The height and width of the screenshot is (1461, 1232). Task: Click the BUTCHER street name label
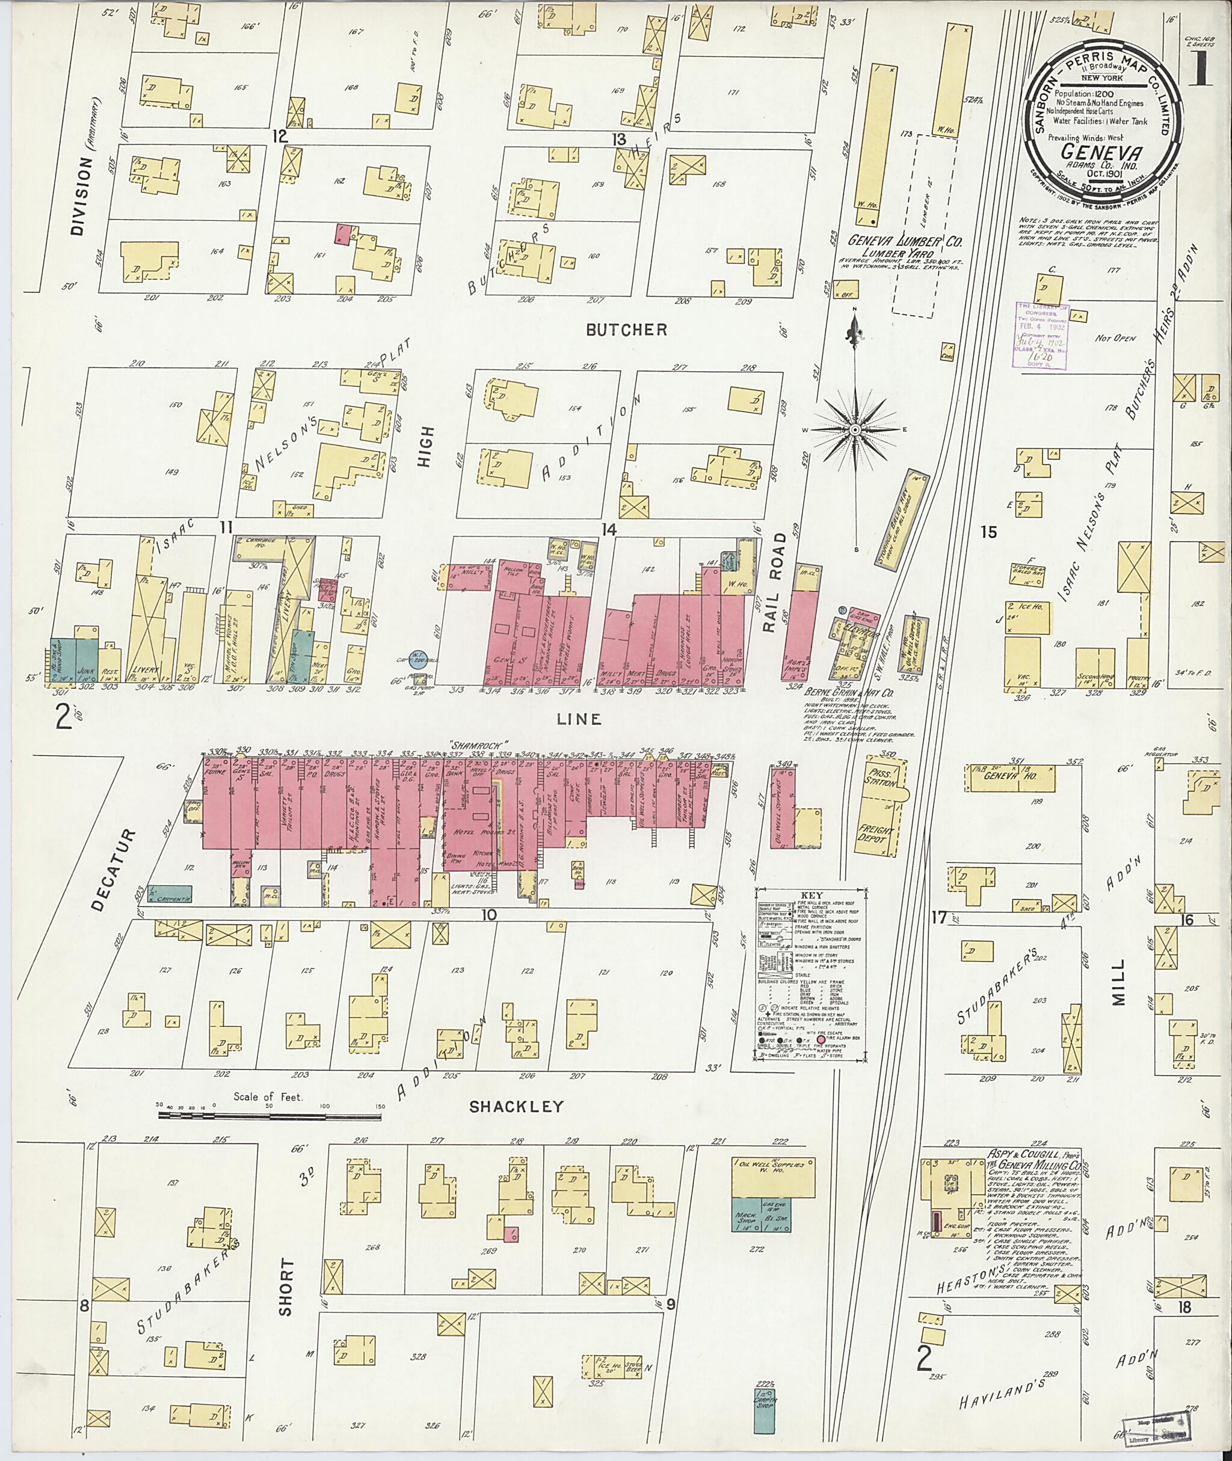click(626, 330)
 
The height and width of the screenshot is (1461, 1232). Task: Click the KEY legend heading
click(811, 894)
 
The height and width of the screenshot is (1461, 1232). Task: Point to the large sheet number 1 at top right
click(1202, 73)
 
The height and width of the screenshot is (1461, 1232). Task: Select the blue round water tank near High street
click(417, 659)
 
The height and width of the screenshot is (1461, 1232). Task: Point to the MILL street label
click(1119, 991)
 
